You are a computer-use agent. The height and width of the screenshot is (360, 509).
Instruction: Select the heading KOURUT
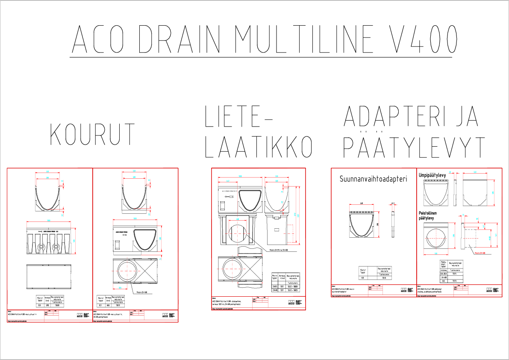click(x=93, y=134)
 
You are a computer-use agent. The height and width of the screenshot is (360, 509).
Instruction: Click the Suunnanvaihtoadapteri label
click(x=373, y=179)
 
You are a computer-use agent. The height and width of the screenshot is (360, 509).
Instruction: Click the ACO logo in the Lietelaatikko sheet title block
click(x=291, y=302)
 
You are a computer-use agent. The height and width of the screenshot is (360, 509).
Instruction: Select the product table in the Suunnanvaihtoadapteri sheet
click(x=375, y=272)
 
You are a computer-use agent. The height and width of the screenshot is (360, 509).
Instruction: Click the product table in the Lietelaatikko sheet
click(x=286, y=283)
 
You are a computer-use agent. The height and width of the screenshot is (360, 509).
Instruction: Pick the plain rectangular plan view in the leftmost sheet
click(x=49, y=277)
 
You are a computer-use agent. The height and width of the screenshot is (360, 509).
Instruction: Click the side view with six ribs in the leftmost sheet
click(x=49, y=242)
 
